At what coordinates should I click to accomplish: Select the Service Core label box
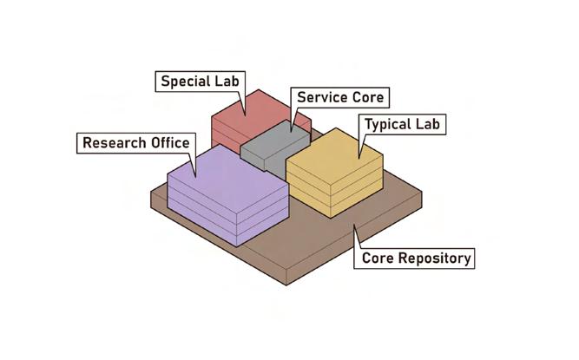click(x=339, y=97)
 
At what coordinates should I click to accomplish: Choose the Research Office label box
click(x=135, y=142)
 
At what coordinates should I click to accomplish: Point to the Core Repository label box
click(x=416, y=258)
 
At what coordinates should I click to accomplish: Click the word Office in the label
click(x=168, y=142)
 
